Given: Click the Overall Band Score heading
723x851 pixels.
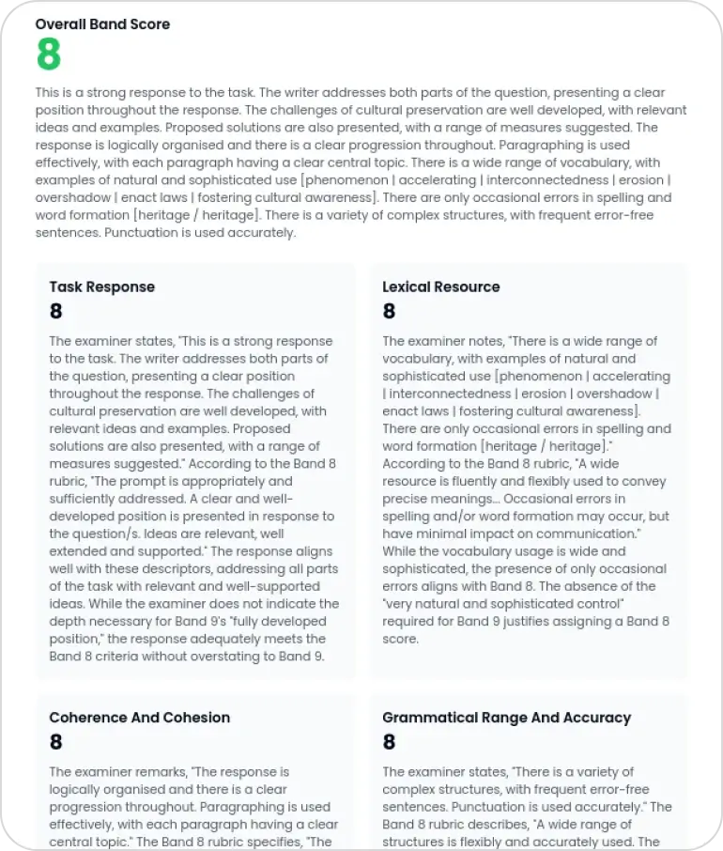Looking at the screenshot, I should pos(102,24).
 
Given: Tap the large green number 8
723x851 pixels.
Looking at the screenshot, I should pos(48,55).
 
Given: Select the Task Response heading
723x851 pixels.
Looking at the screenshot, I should pos(101,286).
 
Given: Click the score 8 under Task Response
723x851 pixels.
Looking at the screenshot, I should pos(56,312).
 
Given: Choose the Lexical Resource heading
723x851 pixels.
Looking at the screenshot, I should pos(440,286).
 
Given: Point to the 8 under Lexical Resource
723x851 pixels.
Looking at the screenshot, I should pos(389,312).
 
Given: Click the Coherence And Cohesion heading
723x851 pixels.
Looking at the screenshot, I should pos(139,718).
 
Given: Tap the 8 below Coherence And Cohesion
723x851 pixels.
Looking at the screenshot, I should pos(56,743).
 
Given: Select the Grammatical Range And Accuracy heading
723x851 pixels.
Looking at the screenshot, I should pos(506,718).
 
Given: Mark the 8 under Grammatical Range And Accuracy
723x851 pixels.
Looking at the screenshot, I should pos(389,743).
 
